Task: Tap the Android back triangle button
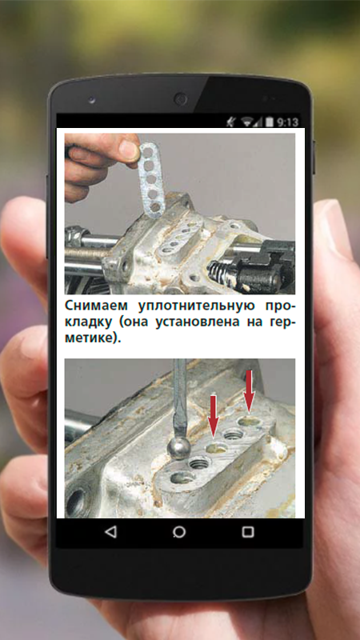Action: pos(110,531)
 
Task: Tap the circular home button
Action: pos(179,532)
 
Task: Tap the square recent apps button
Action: pos(248,531)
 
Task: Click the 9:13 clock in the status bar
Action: pos(288,122)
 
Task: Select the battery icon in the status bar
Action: pos(270,122)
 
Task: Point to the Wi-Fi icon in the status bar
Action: pos(246,122)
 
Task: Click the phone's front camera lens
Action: pos(179,98)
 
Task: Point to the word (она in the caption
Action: pos(132,322)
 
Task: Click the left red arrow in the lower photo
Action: pos(214,415)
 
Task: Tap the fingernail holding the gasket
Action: pos(130,150)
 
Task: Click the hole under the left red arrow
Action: pos(216,449)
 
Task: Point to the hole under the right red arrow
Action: pos(250,421)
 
